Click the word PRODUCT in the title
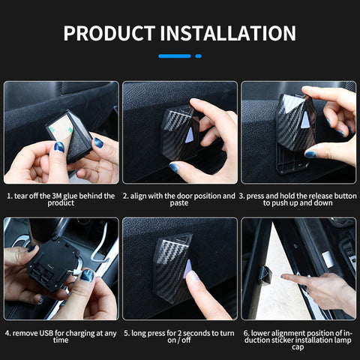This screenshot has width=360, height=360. [109, 33]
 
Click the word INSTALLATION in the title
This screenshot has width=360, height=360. [228, 33]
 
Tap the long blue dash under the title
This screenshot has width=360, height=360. [175, 56]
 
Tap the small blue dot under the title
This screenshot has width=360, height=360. [199, 56]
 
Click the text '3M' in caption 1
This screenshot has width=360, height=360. [57, 196]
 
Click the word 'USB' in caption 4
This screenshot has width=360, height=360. [46, 333]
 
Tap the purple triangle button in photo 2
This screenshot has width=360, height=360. [189, 135]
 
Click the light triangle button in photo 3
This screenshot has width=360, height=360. [305, 119]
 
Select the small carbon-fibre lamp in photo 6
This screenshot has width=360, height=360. [265, 275]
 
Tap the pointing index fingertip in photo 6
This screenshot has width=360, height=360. [283, 277]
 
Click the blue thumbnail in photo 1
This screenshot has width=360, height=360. [59, 147]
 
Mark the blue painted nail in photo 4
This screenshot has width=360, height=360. [87, 275]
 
